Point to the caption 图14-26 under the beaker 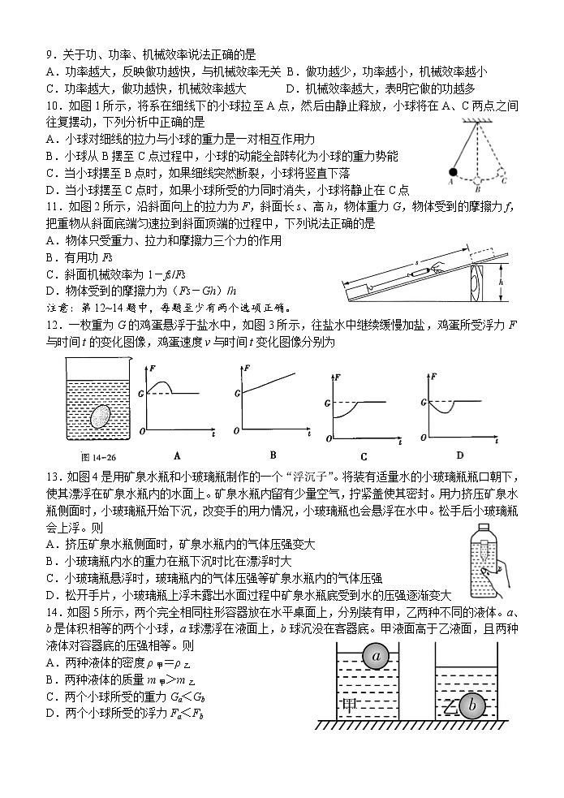[84, 456]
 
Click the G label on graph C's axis [327, 402]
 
